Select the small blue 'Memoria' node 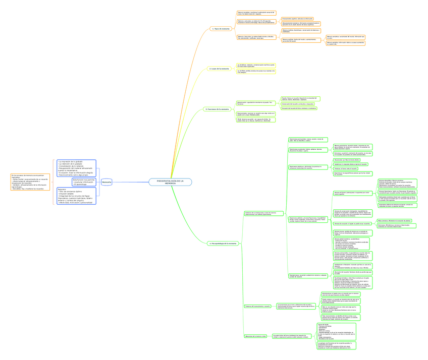coord(106,182)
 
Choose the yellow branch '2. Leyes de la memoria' coord(219,69)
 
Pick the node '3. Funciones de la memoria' coord(217,109)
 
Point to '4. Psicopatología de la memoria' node coord(222,243)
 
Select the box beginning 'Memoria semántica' coord(345,37)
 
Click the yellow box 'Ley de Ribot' coord(256,72)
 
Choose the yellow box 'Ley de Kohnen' coord(256,65)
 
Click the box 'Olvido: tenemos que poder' coord(256,120)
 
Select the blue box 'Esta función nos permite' coord(84,182)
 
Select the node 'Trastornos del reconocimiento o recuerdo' coord(257,306)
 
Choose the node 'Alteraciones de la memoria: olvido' coord(256,335)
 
